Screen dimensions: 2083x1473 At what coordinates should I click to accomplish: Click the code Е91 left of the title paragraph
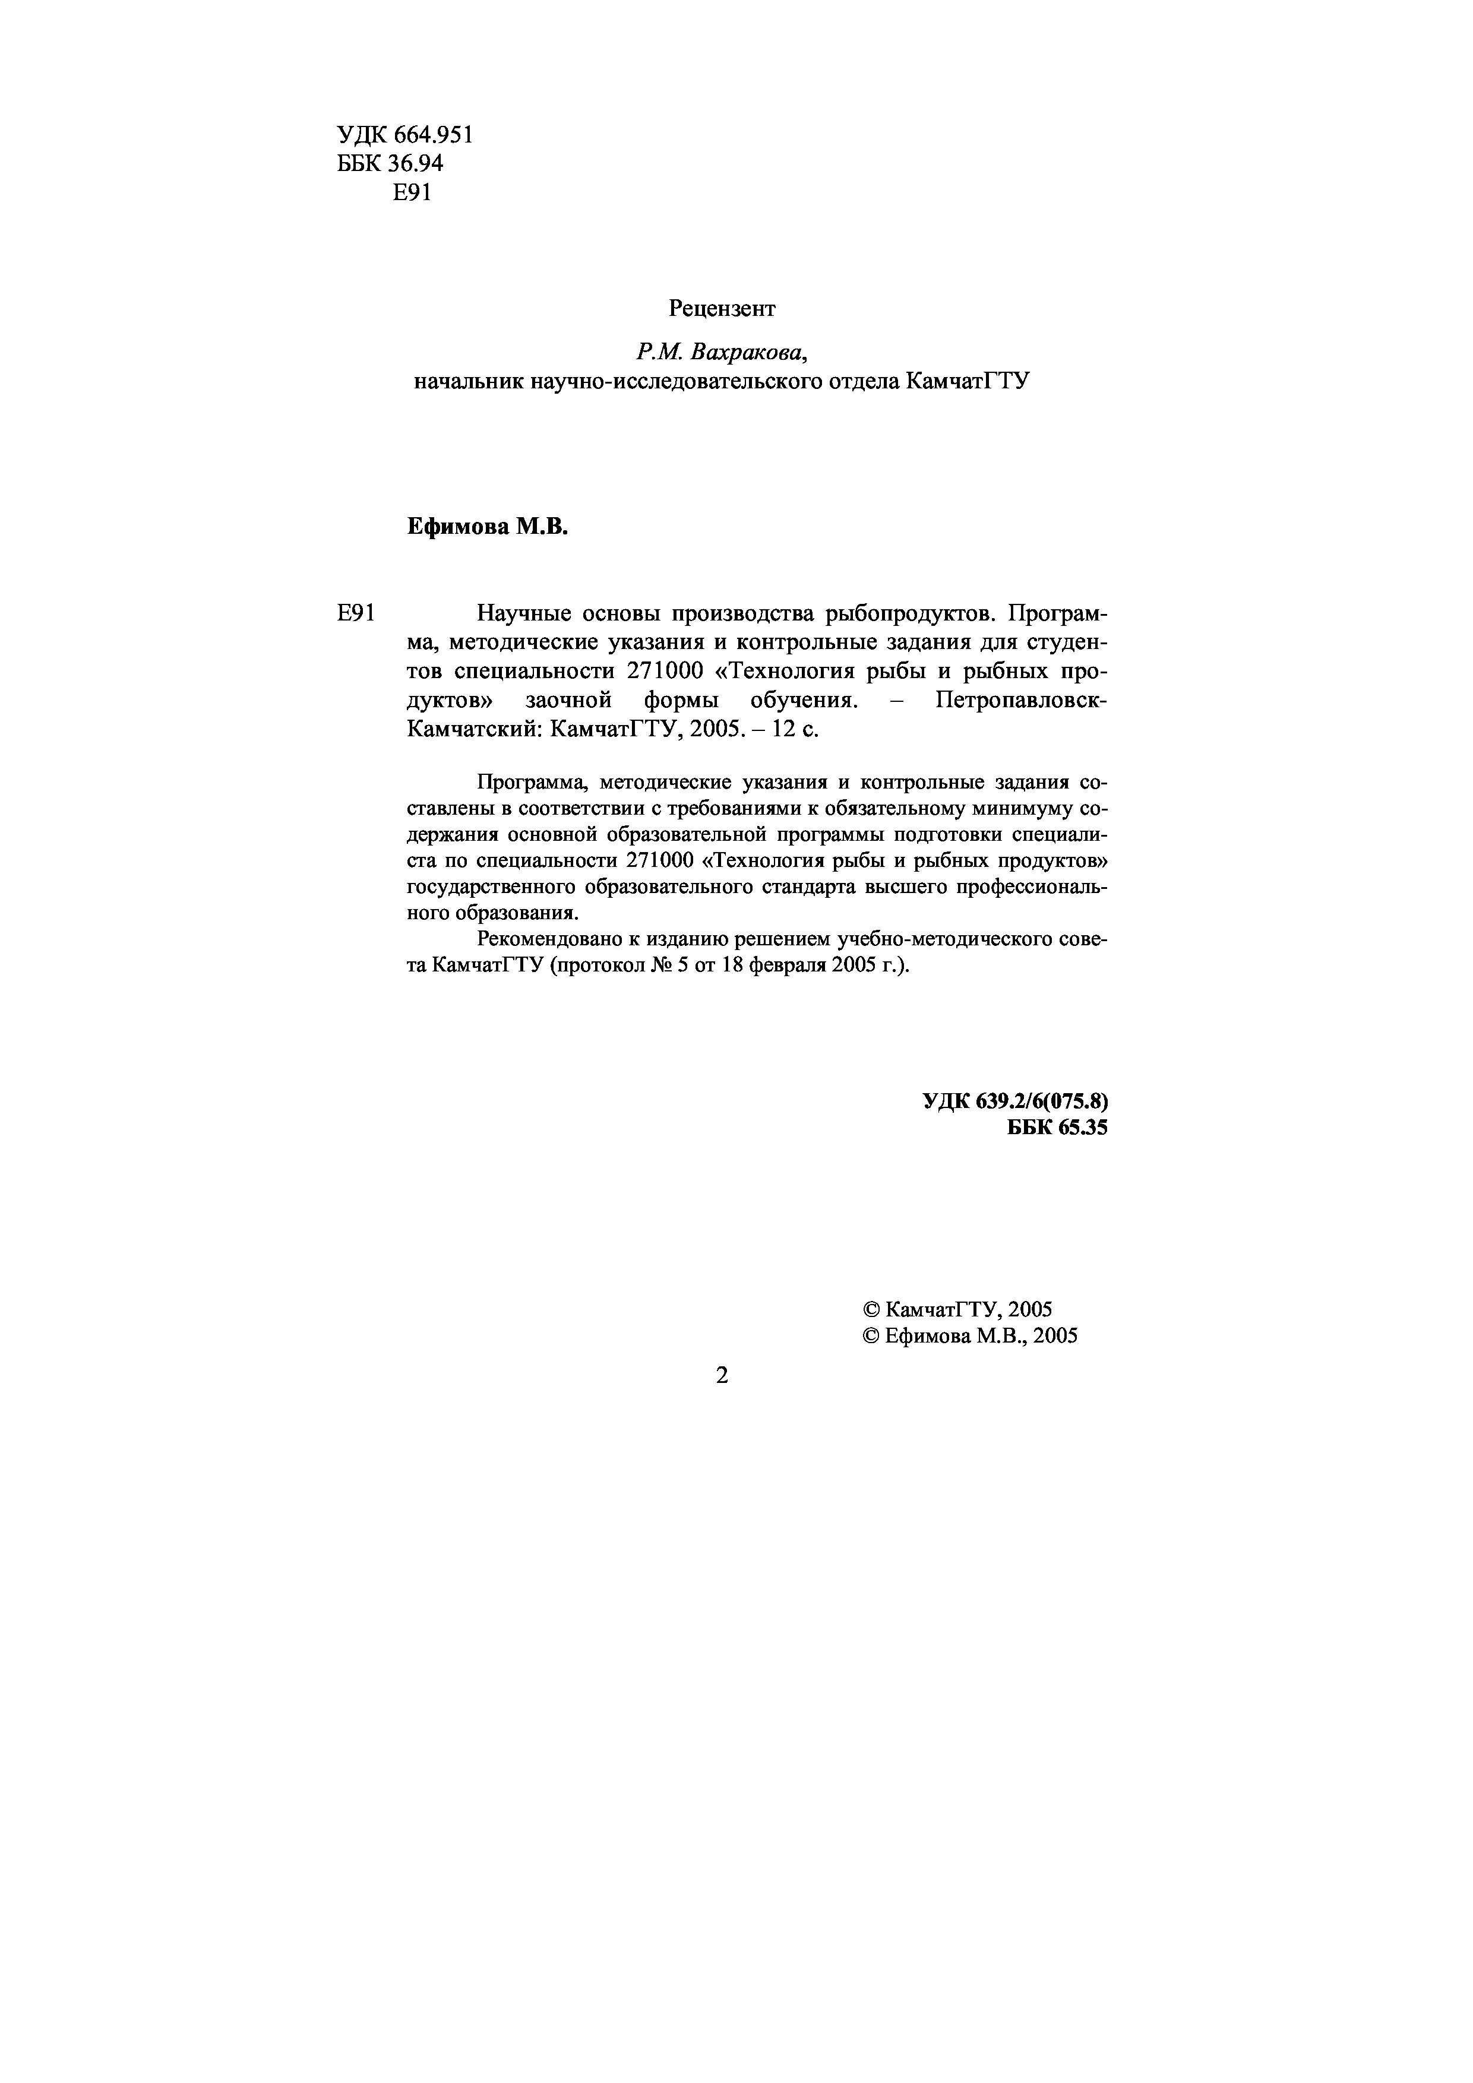pyautogui.click(x=356, y=614)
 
